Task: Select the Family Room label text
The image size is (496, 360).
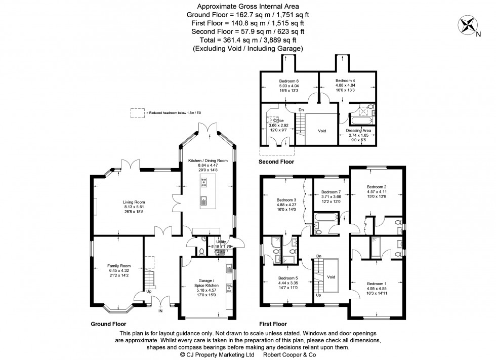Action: pyautogui.click(x=118, y=265)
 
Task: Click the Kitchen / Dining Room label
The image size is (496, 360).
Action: pyautogui.click(x=208, y=161)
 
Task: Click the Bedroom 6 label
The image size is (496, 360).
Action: pyautogui.click(x=289, y=81)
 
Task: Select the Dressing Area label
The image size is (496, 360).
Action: pyautogui.click(x=358, y=131)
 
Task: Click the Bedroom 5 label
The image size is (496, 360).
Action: pyautogui.click(x=287, y=277)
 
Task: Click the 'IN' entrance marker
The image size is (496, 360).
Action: pyautogui.click(x=161, y=312)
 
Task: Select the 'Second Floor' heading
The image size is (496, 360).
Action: pyautogui.click(x=276, y=162)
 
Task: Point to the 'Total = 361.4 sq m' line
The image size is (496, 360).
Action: pyautogui.click(x=247, y=40)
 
